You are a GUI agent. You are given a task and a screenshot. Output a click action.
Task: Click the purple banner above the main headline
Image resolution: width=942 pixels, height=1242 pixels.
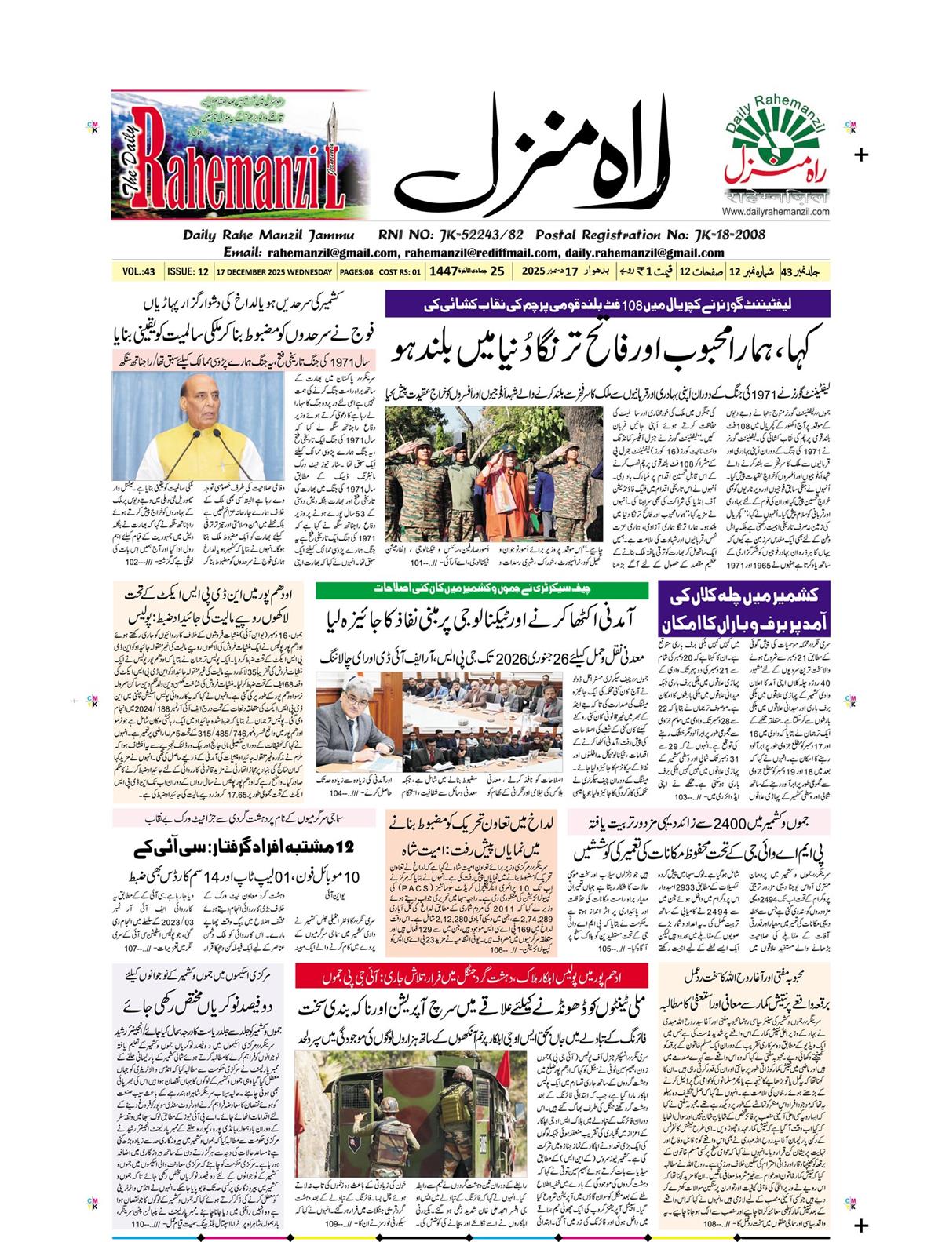(x=608, y=303)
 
